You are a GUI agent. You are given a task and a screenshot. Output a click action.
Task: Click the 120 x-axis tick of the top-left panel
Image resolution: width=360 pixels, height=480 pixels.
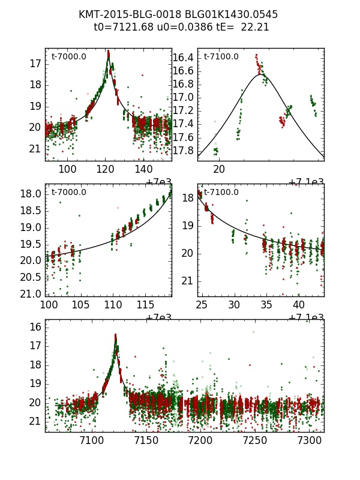pos(106,169)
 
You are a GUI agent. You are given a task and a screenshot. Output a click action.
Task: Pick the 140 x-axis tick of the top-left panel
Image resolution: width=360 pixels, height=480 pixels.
pos(144,169)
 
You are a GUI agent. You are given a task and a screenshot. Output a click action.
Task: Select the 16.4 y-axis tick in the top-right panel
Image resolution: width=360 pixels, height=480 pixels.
pos(183,58)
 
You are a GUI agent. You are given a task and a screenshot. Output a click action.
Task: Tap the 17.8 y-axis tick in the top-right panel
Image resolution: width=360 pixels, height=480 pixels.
pos(183,150)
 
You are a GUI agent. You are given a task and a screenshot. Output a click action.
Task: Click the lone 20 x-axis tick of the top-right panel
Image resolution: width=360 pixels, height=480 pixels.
pos(220,169)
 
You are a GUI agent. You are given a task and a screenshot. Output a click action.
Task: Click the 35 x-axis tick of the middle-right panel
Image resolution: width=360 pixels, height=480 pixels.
pos(264,305)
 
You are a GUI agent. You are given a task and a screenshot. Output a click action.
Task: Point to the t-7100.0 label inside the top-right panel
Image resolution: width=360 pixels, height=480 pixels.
pos(221,57)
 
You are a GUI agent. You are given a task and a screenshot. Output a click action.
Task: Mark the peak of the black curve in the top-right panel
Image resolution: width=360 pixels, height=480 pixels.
pos(260,74)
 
